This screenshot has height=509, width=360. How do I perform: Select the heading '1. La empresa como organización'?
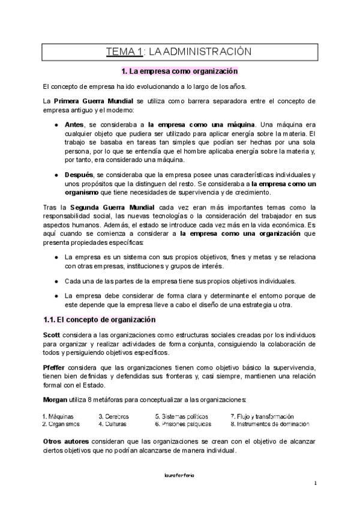click(179, 71)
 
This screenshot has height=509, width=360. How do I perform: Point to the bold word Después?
click(79, 173)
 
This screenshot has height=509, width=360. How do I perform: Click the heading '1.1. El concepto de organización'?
click(100, 320)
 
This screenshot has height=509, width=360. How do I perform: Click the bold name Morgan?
click(55, 399)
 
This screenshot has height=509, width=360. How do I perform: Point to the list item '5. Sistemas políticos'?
click(182, 416)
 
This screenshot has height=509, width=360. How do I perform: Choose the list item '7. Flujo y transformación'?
click(262, 416)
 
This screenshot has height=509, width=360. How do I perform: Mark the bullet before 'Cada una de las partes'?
click(56, 281)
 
